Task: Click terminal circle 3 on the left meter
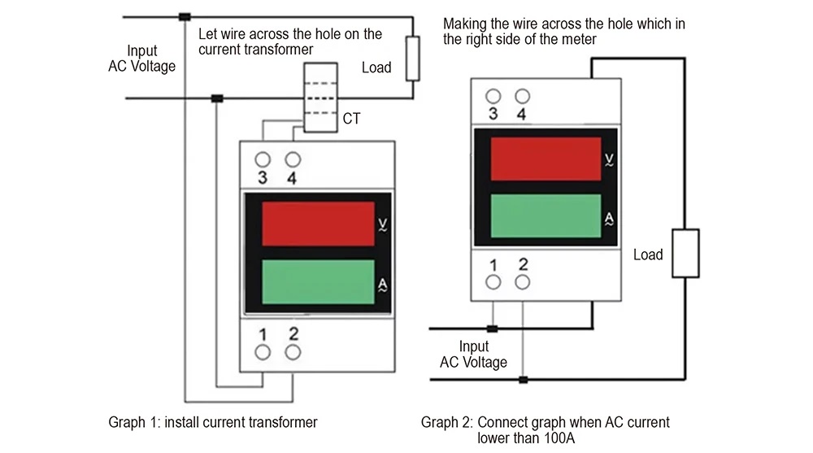pos(263,159)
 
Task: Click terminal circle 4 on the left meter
pos(293,159)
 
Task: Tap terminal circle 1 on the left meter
pos(263,352)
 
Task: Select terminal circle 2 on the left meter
pos(293,352)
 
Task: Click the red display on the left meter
pos(318,224)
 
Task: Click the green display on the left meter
pos(318,281)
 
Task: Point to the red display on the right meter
pos(546,159)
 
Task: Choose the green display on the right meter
pos(546,216)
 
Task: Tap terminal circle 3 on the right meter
pos(493,96)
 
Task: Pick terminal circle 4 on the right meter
pos(522,96)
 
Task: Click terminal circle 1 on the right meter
pos(493,282)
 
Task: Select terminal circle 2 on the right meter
pos(522,282)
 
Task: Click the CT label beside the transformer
pos(351,119)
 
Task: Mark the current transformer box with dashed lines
pos(320,98)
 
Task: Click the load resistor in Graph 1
pos(413,58)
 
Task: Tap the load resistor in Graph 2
pos(685,253)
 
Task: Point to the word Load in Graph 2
pos(648,255)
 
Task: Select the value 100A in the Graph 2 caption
pos(559,438)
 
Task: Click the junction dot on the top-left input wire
pos(185,16)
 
